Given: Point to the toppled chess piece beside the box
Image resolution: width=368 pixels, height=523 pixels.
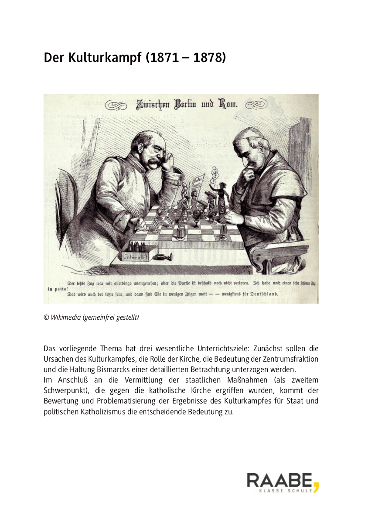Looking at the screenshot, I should (x=164, y=256).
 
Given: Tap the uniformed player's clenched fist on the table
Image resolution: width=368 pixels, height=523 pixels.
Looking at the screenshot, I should (x=140, y=224).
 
